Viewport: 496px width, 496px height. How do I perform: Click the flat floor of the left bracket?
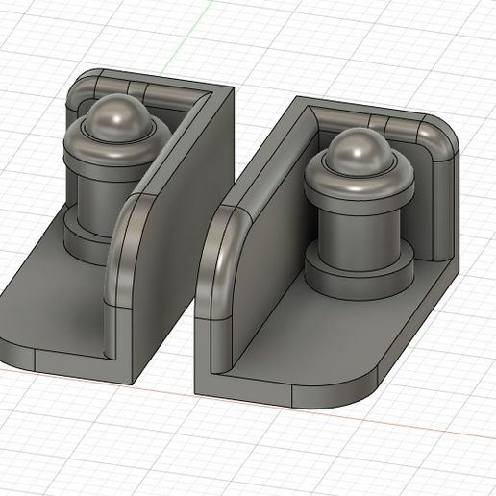[58, 298]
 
